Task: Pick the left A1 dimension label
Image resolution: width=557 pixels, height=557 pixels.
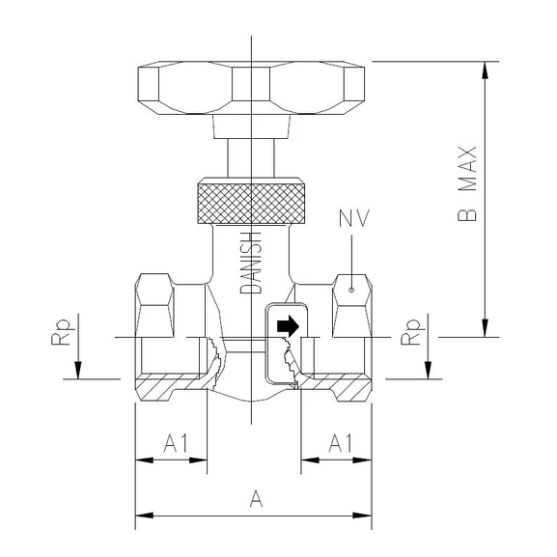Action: (175, 443)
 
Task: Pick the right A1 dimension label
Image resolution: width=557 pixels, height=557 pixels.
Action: (340, 443)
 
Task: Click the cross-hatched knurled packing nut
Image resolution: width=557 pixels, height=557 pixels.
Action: (251, 198)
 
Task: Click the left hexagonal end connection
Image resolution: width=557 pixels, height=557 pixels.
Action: (157, 304)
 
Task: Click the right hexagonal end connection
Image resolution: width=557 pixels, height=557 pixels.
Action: (351, 304)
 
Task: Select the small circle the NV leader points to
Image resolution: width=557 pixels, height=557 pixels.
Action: (353, 287)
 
